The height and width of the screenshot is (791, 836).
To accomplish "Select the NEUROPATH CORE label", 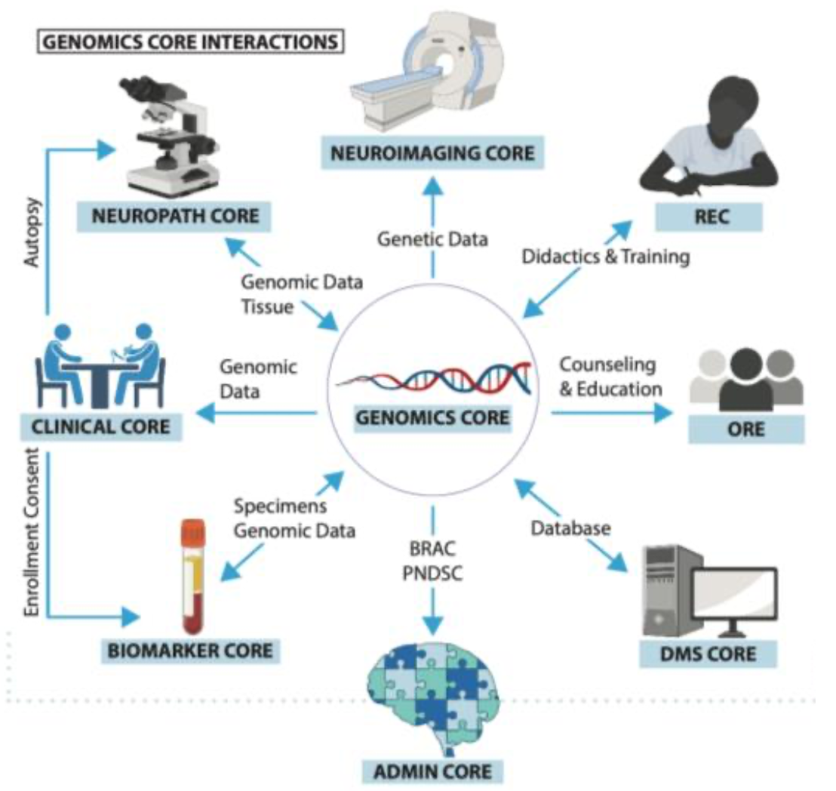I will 174,217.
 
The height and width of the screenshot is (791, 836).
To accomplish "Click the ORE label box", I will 745,430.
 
